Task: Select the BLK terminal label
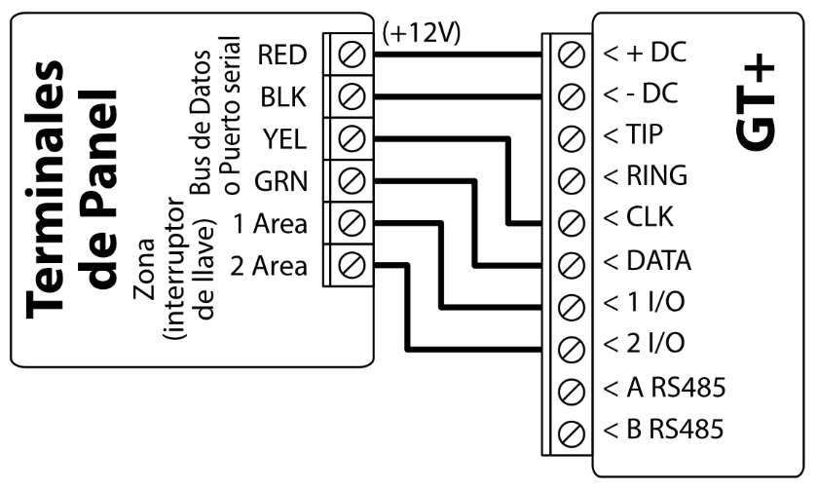click(x=286, y=96)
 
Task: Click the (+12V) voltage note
click(x=421, y=32)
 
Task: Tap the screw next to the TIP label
click(x=574, y=135)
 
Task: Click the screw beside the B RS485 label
click(x=574, y=430)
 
